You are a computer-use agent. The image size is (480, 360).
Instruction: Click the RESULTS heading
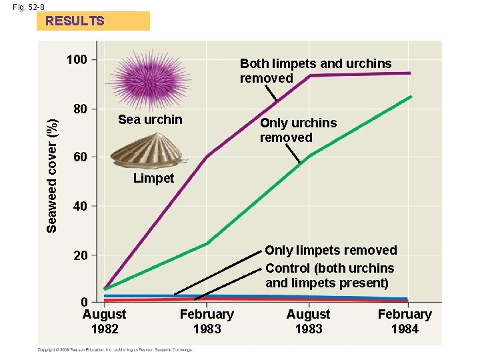[x=75, y=21]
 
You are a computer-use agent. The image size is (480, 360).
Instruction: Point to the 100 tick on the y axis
[x=77, y=60]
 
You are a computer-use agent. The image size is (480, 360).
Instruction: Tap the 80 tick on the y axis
[x=80, y=109]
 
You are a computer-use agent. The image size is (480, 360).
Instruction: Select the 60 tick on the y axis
[x=80, y=157]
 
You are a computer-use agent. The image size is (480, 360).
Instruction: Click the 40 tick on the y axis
[x=80, y=207]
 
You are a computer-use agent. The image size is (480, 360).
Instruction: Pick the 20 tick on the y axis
[x=80, y=255]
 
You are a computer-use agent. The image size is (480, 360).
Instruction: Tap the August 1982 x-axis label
[x=104, y=321]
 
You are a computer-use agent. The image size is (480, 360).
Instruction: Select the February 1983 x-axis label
[x=207, y=321]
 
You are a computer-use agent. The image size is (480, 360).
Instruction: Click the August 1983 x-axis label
[x=308, y=321]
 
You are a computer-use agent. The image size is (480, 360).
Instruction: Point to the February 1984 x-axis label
[x=405, y=321]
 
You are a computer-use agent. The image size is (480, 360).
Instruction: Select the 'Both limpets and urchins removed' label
[x=315, y=71]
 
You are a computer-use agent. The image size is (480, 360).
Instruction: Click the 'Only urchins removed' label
[x=298, y=130]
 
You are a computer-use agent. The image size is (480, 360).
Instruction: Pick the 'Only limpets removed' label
[x=331, y=250]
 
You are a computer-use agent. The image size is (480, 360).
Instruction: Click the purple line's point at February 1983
[x=207, y=157]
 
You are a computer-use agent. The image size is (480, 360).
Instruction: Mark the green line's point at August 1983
[x=309, y=156]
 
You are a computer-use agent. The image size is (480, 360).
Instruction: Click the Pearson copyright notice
[x=115, y=349]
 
